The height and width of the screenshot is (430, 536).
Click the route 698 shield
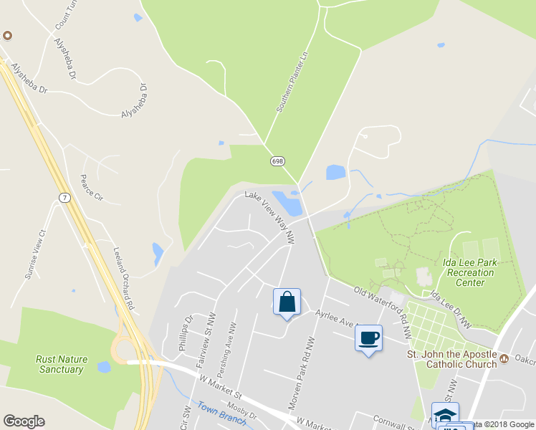(277, 161)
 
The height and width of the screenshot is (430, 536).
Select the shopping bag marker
(287, 302)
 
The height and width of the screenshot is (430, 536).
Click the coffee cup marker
(368, 338)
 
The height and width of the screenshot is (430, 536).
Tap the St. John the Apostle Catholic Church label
(452, 359)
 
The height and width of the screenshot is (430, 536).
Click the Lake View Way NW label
(270, 214)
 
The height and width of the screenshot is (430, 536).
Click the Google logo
(24, 421)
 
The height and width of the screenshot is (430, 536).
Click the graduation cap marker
(445, 415)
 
